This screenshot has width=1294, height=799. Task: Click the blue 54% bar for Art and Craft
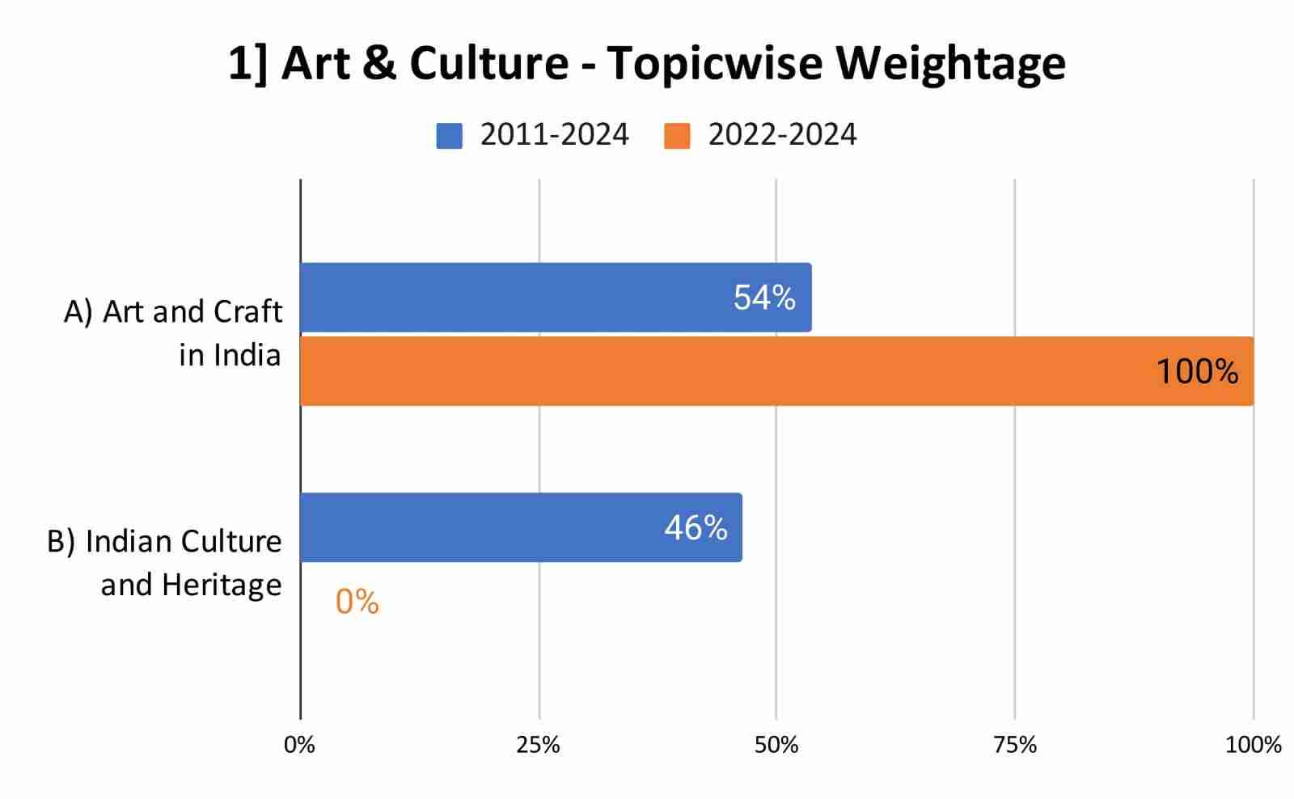point(518,297)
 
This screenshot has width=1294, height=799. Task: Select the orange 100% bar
point(728,371)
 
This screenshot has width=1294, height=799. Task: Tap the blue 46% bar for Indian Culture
point(485,527)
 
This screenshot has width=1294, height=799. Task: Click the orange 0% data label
point(357,602)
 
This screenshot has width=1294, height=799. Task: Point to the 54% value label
point(764,298)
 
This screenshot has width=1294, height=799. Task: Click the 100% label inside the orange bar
point(1197,372)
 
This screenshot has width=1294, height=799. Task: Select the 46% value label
point(696,528)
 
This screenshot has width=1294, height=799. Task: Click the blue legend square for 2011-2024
point(449,135)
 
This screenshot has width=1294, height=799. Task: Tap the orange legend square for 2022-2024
point(677,135)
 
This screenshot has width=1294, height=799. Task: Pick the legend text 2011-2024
point(554,134)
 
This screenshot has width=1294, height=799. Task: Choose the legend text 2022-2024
point(782,134)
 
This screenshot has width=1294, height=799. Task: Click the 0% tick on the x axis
point(299,745)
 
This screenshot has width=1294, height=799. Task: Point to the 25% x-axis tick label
point(539,745)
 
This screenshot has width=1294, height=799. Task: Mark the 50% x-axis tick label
point(776,745)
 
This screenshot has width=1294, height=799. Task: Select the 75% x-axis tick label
point(1015,745)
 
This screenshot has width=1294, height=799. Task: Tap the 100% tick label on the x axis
point(1253,745)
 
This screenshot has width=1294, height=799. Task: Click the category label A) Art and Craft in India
point(174,332)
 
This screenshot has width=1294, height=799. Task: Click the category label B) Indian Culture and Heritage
point(165,562)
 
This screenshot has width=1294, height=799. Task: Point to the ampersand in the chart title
point(379,62)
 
